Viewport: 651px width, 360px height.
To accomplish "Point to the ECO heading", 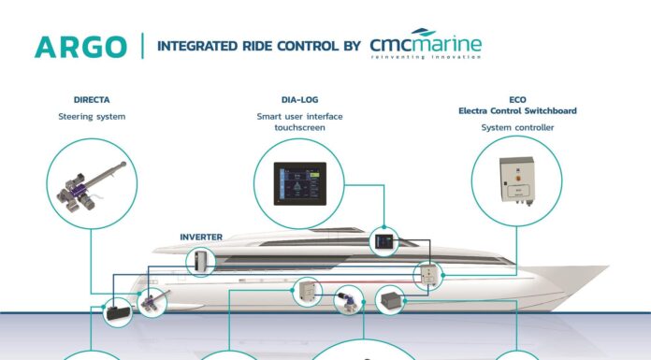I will tap(516, 99).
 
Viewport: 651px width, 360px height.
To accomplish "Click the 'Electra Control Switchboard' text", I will tap(516, 110).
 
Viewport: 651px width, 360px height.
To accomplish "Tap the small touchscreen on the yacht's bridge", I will tap(382, 240).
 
